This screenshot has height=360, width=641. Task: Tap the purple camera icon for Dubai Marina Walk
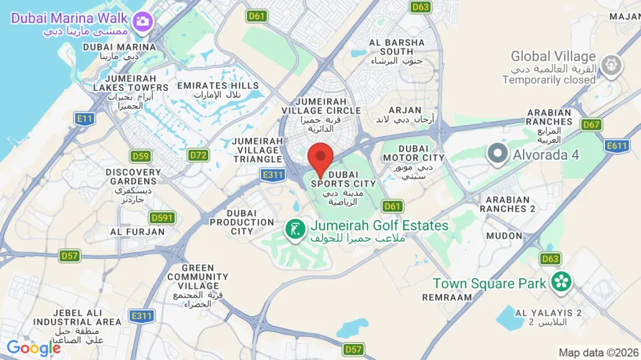143,21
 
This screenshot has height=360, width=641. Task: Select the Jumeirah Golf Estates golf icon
294,230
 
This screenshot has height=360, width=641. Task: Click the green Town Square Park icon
560,282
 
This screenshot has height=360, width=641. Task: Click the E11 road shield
85,119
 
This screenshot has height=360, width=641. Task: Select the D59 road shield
140,156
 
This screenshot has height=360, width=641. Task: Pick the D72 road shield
198,155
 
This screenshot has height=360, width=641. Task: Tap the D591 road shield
162,217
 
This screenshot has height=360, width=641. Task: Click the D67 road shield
591,125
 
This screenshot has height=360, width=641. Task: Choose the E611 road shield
617,146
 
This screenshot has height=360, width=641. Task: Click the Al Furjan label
137,232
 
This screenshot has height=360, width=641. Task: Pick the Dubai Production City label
242,222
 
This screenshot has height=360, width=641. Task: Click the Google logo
34,348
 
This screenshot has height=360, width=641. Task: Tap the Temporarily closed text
549,80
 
